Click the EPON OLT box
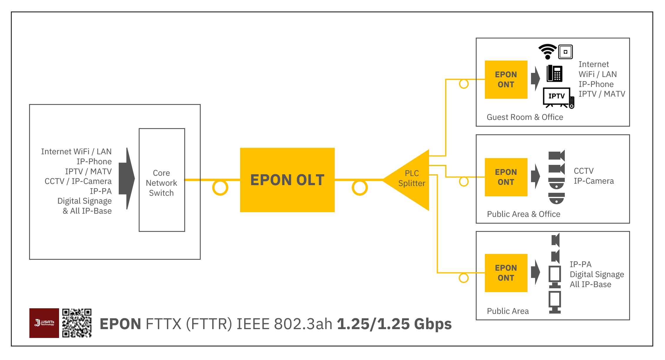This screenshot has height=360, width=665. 287,180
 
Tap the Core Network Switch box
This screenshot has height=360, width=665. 162,180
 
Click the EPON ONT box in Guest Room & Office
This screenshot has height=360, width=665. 506,80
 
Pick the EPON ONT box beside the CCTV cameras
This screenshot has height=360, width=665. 506,177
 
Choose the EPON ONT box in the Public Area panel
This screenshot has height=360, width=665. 506,273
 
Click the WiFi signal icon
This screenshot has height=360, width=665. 547,51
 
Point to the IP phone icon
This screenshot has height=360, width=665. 554,73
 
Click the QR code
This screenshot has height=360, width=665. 77,323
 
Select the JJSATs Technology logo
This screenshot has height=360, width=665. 44,323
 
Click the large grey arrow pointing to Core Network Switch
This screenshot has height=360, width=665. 127,178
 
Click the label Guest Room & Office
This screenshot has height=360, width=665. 525,117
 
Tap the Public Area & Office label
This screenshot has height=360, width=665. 523,214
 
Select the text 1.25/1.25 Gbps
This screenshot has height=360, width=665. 394,324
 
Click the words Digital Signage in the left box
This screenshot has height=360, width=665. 84,201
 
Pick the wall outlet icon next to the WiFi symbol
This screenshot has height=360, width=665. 565,52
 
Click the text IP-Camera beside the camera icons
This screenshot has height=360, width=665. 594,181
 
